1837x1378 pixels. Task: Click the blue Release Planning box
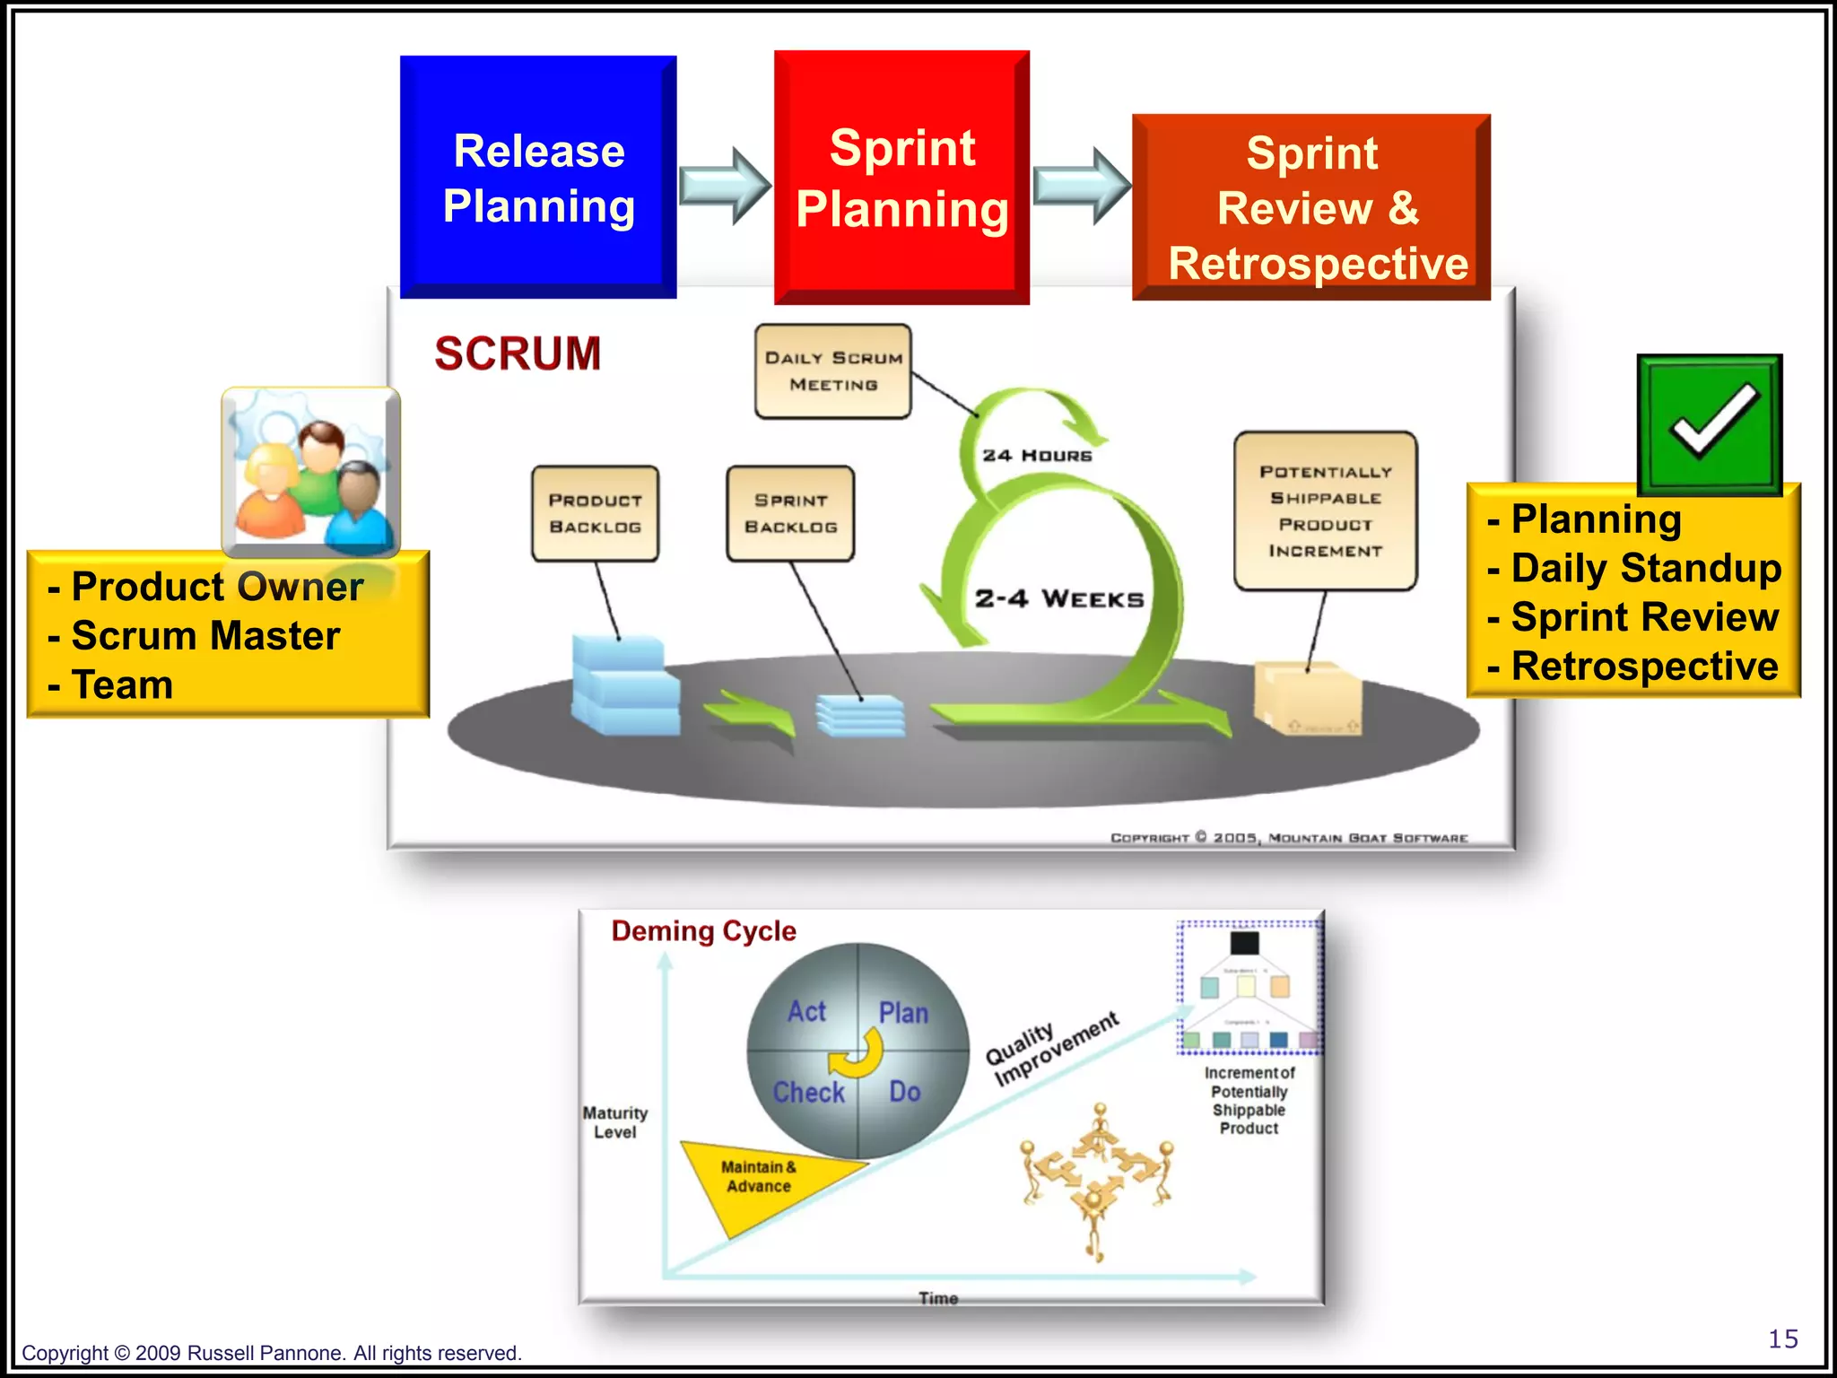[538, 177]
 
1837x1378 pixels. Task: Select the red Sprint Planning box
[901, 177]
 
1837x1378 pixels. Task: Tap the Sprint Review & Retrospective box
[1311, 207]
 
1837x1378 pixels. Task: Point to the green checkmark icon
[1710, 423]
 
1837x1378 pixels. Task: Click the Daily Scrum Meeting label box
[833, 371]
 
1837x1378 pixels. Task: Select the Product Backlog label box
[595, 513]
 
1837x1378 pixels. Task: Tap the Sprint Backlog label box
[790, 513]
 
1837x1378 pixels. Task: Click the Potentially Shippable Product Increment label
[1325, 510]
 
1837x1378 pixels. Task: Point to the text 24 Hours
[1037, 456]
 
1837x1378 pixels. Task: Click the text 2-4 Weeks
[1059, 598]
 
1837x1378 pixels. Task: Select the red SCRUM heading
[518, 353]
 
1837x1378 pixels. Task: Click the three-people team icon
[310, 473]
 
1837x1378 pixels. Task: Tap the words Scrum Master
[205, 636]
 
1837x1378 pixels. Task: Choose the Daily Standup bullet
[1645, 568]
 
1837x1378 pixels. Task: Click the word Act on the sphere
[806, 1012]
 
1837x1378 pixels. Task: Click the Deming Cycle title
[703, 931]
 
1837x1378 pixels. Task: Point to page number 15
[1782, 1339]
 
